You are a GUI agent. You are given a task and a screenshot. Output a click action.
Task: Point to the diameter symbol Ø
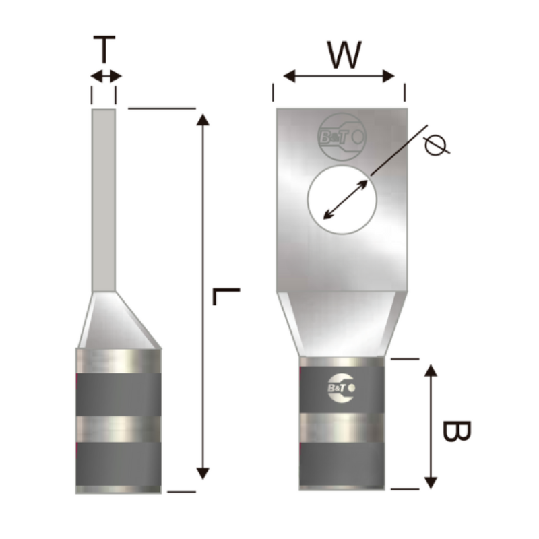tap(437, 144)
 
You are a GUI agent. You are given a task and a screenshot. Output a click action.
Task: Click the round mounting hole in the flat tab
tap(341, 200)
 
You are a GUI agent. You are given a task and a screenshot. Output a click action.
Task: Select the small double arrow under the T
tap(106, 76)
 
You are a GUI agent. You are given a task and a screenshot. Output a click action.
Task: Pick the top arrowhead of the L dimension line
tap(202, 121)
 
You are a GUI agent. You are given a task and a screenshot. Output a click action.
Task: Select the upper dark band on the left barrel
tap(119, 393)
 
